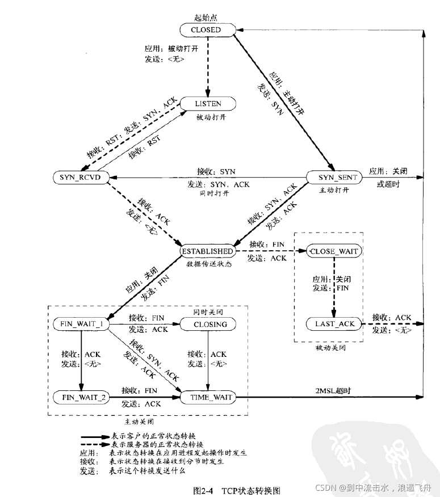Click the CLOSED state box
tap(206, 30)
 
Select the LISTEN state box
tap(208, 104)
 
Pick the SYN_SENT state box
tap(333, 178)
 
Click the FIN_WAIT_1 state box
tap(80, 324)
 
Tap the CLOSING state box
tap(208, 324)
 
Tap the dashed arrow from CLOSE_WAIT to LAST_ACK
tap(334, 287)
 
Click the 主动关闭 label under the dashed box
tap(139, 422)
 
